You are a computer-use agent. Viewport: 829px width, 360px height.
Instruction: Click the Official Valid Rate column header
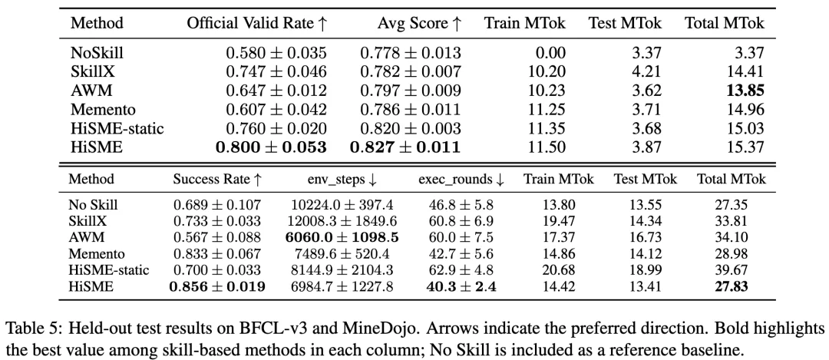pyautogui.click(x=257, y=23)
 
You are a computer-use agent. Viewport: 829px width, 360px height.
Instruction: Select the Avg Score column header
pyautogui.click(x=419, y=23)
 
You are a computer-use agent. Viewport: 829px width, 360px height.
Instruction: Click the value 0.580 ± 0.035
pyautogui.click(x=276, y=53)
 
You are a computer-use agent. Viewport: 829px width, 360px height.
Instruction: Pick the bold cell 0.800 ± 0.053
pyautogui.click(x=271, y=147)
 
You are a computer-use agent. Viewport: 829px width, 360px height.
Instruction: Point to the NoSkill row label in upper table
pyautogui.click(x=97, y=53)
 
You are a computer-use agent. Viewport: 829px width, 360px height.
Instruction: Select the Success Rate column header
pyautogui.click(x=217, y=179)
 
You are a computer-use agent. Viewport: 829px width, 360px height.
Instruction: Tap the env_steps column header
pyautogui.click(x=342, y=180)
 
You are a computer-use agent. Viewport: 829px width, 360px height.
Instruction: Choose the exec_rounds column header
pyautogui.click(x=461, y=180)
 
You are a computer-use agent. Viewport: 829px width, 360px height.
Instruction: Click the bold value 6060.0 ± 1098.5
pyautogui.click(x=342, y=238)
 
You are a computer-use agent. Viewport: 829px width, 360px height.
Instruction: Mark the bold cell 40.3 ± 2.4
pyautogui.click(x=461, y=287)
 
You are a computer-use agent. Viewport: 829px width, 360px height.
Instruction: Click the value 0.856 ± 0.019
pyautogui.click(x=217, y=287)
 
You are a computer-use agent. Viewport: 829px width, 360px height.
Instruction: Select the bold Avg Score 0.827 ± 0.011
pyautogui.click(x=405, y=147)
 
